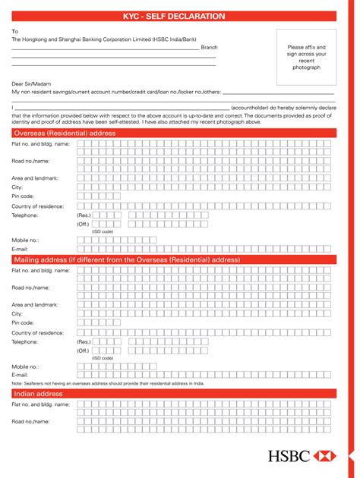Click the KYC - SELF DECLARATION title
click(179, 16)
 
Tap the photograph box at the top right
click(306, 57)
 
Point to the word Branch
click(209, 47)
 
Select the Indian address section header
click(38, 394)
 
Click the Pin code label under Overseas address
click(23, 196)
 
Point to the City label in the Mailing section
click(17, 313)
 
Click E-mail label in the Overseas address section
click(20, 248)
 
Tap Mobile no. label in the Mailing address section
click(25, 366)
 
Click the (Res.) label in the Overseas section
click(83, 215)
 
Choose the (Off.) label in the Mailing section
click(83, 351)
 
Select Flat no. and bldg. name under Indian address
click(40, 404)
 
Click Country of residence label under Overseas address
click(37, 206)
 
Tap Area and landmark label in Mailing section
click(35, 304)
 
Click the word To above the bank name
click(14, 31)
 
